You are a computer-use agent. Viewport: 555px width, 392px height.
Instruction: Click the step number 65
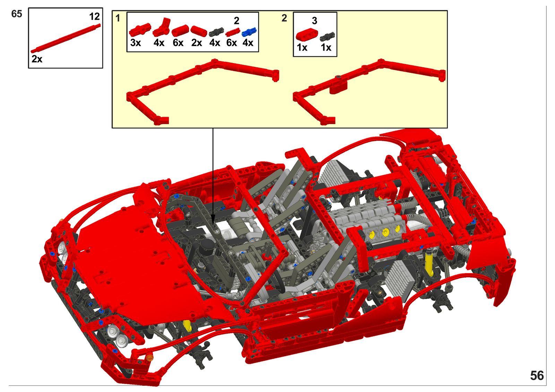17,14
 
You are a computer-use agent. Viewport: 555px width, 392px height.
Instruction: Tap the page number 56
537,376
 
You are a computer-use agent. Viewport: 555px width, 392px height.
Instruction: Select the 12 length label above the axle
94,17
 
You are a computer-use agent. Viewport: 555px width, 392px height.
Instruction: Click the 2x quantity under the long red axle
37,59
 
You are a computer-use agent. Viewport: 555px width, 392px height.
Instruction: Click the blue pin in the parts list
249,32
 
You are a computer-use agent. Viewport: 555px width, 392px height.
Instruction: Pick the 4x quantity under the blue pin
248,43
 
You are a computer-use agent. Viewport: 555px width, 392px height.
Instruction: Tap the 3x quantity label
136,43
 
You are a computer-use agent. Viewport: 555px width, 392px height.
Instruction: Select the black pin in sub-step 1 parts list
216,32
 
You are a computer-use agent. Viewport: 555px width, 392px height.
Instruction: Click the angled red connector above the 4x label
162,28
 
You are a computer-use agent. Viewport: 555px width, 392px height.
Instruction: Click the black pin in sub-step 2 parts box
327,37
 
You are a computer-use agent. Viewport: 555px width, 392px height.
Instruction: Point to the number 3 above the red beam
314,21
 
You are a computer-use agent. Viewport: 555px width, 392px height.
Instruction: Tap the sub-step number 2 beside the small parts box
284,18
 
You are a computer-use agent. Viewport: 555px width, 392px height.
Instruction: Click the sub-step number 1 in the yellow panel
118,18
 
